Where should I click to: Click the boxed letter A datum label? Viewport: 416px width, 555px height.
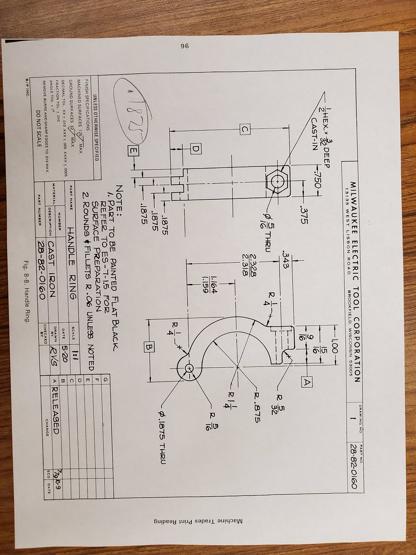(307, 382)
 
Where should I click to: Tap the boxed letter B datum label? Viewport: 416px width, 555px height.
(149, 345)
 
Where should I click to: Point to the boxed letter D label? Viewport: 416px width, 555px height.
(196, 148)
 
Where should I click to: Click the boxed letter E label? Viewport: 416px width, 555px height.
(134, 149)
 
